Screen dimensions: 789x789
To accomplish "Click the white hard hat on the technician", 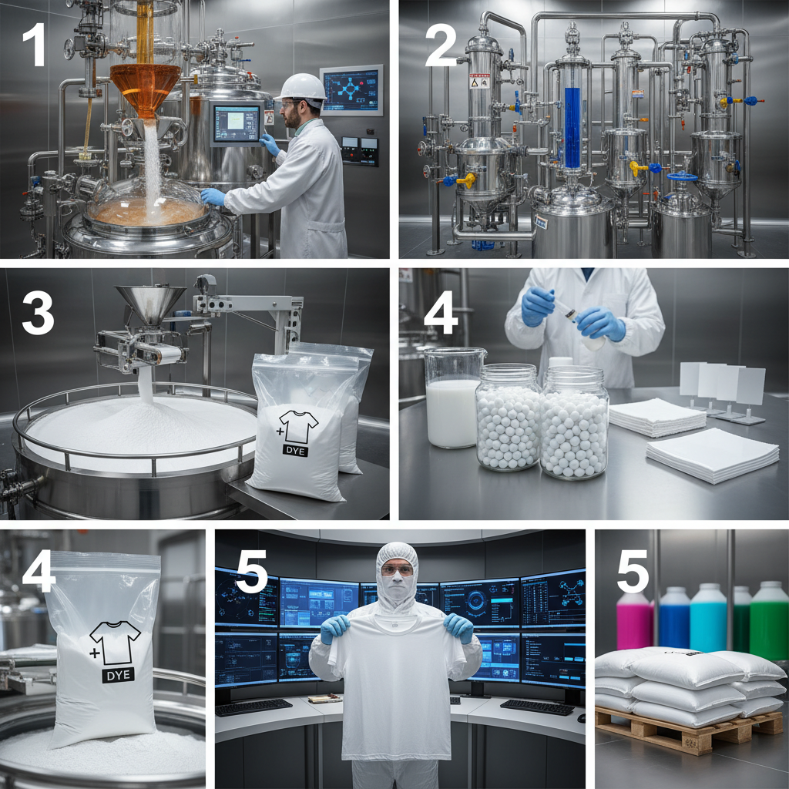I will pyautogui.click(x=301, y=88).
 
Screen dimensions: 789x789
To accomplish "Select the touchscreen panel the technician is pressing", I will pyautogui.click(x=237, y=123).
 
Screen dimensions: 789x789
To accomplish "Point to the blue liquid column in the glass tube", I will pyautogui.click(x=572, y=127).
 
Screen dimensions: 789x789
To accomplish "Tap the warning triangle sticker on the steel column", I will pyautogui.click(x=479, y=80).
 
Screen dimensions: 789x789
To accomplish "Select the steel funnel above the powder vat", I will pyautogui.click(x=150, y=304).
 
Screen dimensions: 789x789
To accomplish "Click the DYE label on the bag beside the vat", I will pyautogui.click(x=294, y=450).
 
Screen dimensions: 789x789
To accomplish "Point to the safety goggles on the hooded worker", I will pyautogui.click(x=397, y=570).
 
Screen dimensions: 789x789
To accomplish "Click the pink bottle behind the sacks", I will pyautogui.click(x=634, y=622).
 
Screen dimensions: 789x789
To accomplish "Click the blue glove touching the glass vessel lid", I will pyautogui.click(x=212, y=196).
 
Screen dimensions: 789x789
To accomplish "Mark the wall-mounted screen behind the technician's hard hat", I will pyautogui.click(x=351, y=90).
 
